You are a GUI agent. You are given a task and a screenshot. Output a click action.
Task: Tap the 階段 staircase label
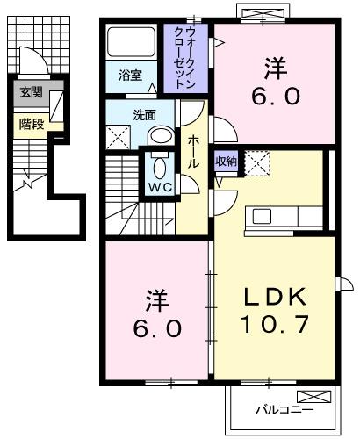(31, 124)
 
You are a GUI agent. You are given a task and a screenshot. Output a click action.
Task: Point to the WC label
(160, 187)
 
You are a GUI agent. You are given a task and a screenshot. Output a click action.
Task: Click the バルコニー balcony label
(279, 408)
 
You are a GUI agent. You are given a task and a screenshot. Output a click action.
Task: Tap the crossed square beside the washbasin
(118, 137)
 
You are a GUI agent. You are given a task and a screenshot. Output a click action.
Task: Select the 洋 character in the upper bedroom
(273, 64)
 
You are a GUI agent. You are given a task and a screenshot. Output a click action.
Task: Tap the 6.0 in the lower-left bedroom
(158, 328)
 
